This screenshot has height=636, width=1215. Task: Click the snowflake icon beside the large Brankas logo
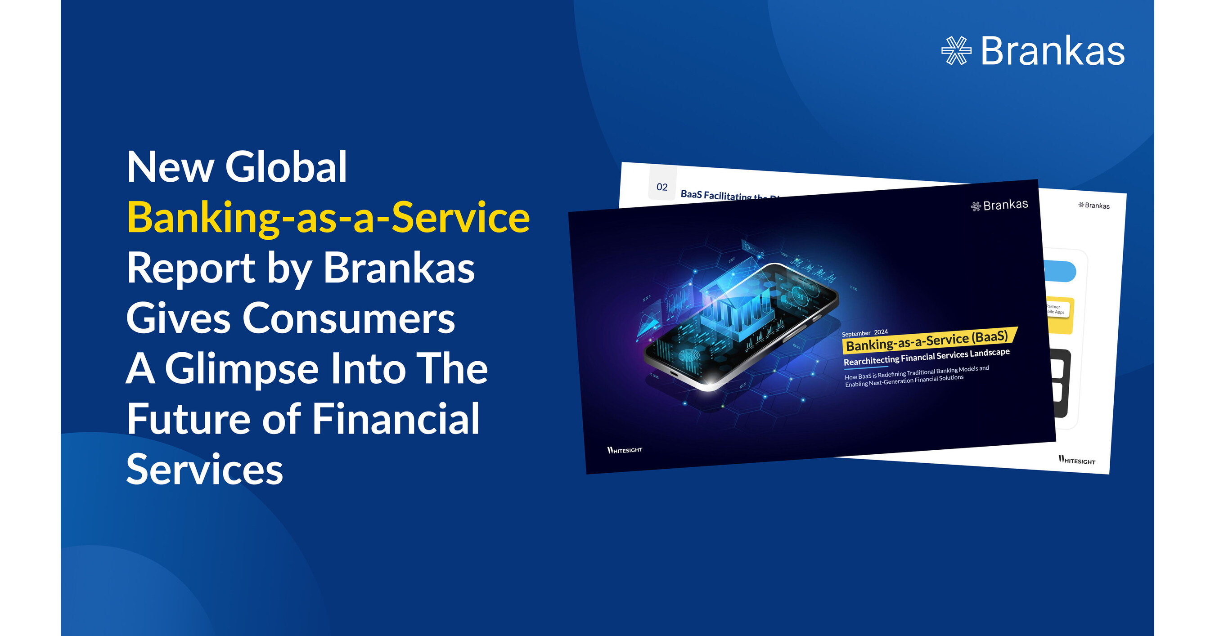pyautogui.click(x=956, y=50)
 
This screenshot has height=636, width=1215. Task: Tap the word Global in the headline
pyautogui.click(x=286, y=167)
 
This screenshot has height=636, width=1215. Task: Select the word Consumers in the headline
pyautogui.click(x=349, y=319)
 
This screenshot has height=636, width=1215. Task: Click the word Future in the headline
pyautogui.click(x=188, y=419)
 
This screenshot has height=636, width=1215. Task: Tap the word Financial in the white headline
pyautogui.click(x=396, y=419)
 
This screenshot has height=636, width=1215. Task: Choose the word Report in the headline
pyautogui.click(x=190, y=268)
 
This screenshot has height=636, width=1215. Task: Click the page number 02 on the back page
pyautogui.click(x=662, y=187)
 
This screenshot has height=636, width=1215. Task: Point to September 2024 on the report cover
pyautogui.click(x=864, y=333)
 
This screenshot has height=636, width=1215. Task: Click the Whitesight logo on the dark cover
pyautogui.click(x=625, y=450)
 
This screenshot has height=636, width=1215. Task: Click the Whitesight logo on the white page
pyautogui.click(x=1076, y=460)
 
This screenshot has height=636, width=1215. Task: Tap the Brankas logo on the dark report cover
pyautogui.click(x=999, y=206)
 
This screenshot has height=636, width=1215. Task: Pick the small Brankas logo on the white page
pyautogui.click(x=1094, y=206)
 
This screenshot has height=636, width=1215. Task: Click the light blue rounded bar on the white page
pyautogui.click(x=1061, y=272)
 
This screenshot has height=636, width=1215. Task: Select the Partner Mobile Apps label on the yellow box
pyautogui.click(x=1057, y=309)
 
